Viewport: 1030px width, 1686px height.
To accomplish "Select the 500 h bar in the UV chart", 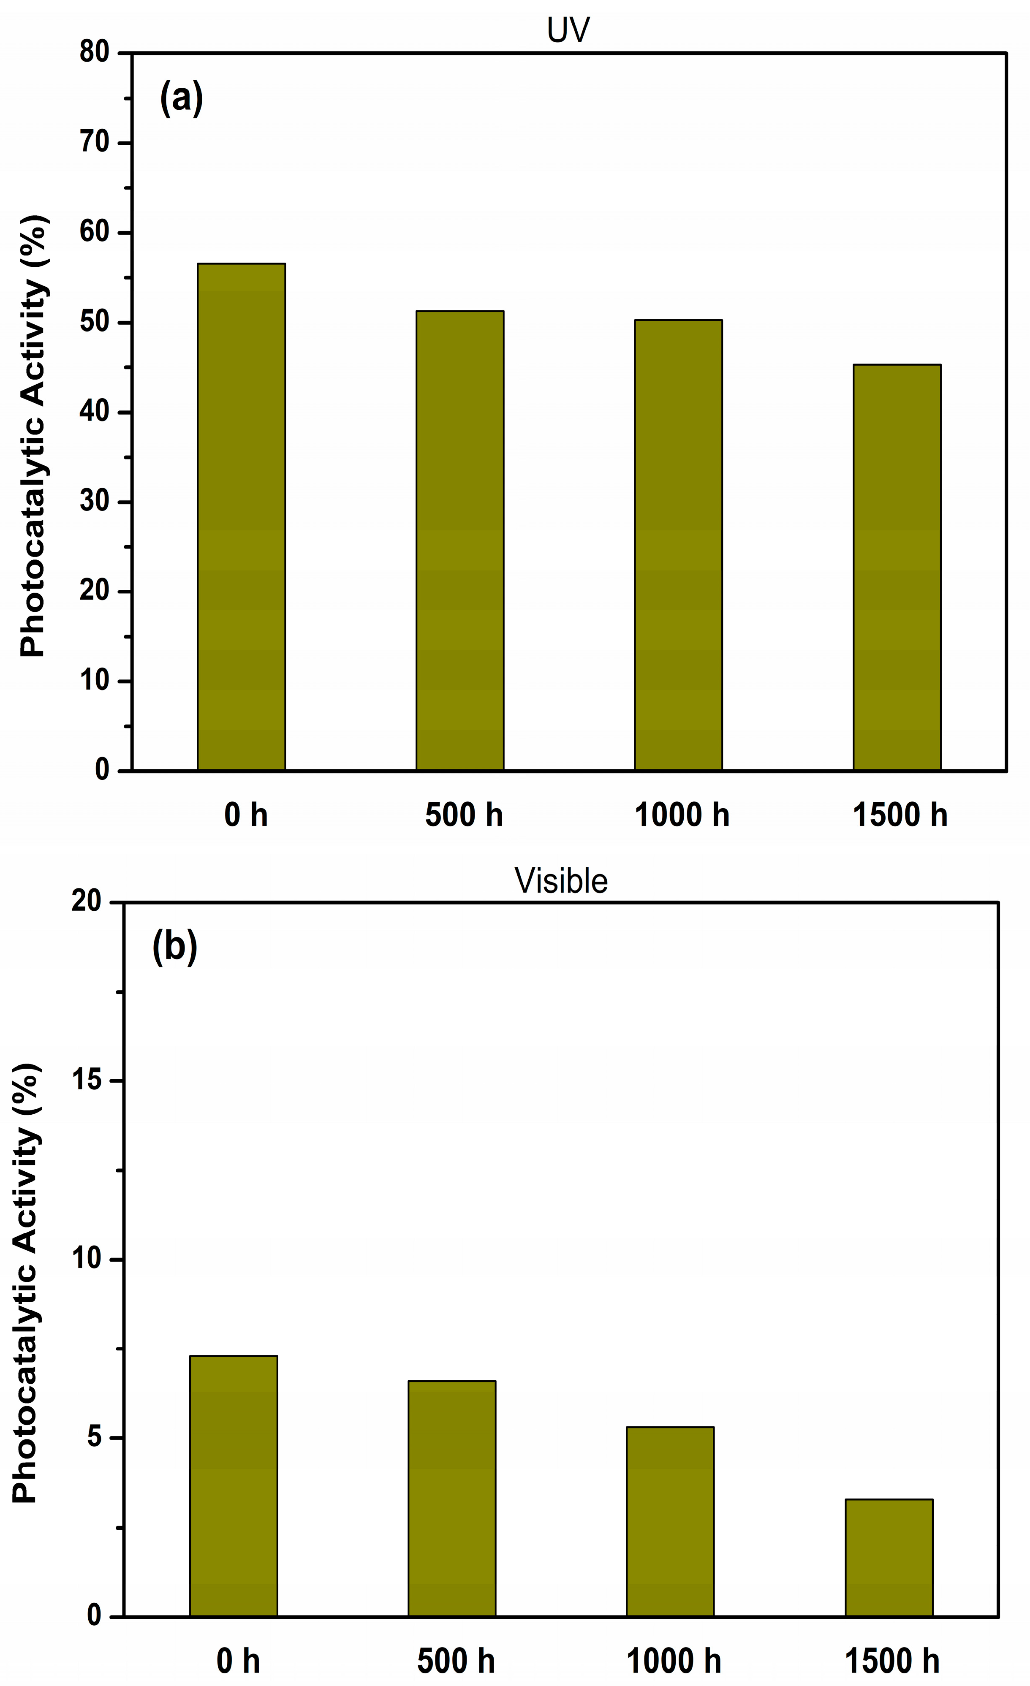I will coord(460,540).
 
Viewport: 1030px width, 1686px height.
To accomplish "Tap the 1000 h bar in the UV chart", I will coord(678,545).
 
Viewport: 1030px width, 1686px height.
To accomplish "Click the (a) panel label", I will coord(181,98).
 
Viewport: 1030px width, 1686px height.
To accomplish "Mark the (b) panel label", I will coord(174,948).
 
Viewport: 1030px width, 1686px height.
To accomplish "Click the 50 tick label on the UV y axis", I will coord(95,322).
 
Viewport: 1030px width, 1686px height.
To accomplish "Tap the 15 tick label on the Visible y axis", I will coord(87,1081).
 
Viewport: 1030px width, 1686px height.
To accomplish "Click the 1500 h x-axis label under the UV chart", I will coord(899,815).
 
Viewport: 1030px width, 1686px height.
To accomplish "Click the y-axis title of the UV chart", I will coord(33,435).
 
